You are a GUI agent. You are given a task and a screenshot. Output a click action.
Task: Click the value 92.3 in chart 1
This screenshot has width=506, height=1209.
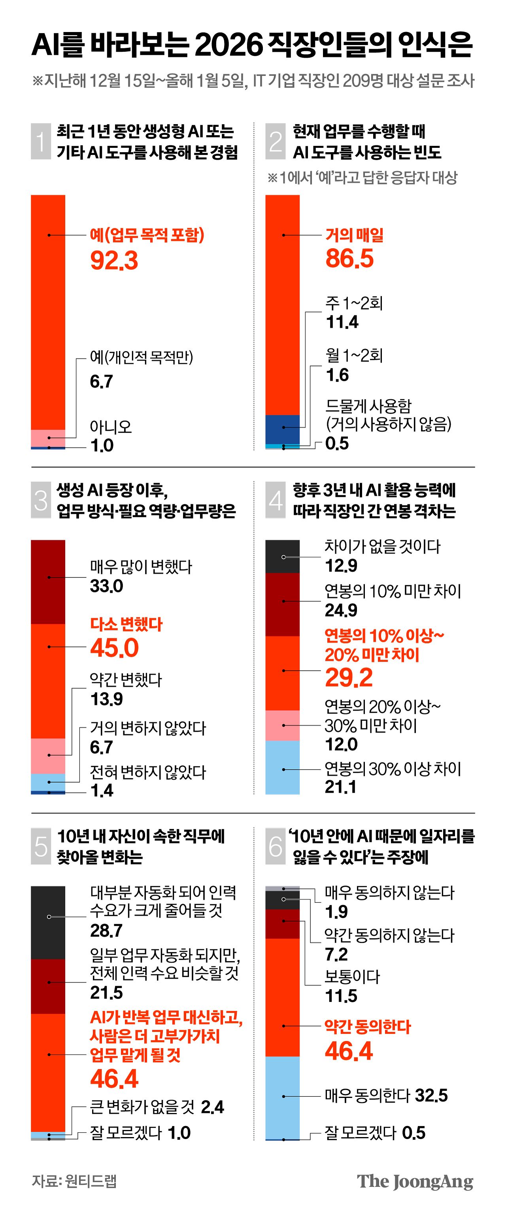[x=114, y=260]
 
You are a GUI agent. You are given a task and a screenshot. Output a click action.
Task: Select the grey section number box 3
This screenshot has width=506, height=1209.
[x=41, y=500]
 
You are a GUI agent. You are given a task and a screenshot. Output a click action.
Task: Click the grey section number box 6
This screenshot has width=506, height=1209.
[x=276, y=847]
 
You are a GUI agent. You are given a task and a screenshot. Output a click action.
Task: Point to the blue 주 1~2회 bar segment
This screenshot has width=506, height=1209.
[x=283, y=428]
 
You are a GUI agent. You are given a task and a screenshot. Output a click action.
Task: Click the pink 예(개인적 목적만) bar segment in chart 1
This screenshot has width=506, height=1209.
[x=48, y=438]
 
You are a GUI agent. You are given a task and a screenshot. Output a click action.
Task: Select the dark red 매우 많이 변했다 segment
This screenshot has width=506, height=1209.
[x=48, y=581]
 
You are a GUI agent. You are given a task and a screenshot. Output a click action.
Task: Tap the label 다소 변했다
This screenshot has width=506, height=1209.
[x=126, y=624]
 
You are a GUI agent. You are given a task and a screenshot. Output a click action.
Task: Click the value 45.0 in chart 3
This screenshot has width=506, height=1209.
[x=115, y=648]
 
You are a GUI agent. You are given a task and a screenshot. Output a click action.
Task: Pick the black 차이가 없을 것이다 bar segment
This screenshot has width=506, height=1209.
[x=283, y=556]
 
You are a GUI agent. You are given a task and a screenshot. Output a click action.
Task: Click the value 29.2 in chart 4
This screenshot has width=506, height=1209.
[x=349, y=677]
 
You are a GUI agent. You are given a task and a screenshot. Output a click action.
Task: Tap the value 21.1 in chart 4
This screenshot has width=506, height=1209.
[x=340, y=787]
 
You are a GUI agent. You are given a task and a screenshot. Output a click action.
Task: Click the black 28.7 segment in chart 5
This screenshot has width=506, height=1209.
[x=48, y=922]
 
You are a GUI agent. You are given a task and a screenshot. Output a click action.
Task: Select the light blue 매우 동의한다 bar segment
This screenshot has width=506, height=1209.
[x=283, y=1097]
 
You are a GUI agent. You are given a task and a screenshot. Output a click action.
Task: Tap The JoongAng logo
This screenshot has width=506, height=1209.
[x=415, y=1181]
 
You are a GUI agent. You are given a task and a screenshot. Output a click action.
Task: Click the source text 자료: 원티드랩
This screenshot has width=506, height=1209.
[x=74, y=1181]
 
